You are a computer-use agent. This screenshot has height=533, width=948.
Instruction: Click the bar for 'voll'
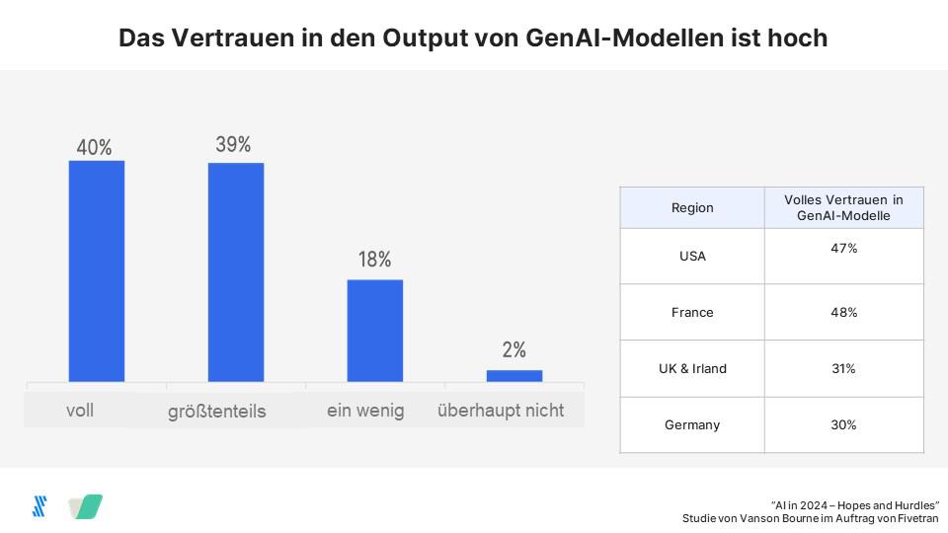click(97, 270)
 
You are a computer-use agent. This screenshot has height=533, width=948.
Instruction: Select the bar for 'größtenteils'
click(236, 271)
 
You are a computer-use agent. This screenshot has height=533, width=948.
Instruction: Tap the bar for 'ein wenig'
click(375, 330)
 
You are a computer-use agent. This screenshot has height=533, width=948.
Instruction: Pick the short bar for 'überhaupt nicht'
click(514, 375)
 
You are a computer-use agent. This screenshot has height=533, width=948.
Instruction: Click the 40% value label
click(95, 147)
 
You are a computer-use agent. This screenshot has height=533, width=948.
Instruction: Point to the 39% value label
click(234, 144)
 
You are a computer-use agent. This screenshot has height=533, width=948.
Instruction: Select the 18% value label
click(374, 260)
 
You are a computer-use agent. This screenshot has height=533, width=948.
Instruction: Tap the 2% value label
click(513, 350)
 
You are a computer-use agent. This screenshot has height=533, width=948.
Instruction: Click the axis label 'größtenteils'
click(216, 412)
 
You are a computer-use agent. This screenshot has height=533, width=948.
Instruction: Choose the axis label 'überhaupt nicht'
click(501, 411)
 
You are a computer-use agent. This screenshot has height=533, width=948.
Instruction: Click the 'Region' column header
click(692, 208)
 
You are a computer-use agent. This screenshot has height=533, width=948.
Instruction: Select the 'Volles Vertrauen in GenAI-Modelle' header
click(843, 207)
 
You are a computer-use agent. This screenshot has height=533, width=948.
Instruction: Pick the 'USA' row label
click(692, 257)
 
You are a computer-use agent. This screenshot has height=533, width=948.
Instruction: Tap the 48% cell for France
click(843, 312)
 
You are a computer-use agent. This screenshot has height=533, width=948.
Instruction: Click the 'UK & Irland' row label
click(692, 369)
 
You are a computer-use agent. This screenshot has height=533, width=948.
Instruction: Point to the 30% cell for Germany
click(843, 424)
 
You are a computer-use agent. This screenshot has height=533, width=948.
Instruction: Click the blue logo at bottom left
click(39, 506)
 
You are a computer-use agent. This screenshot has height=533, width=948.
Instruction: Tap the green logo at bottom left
click(86, 506)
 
